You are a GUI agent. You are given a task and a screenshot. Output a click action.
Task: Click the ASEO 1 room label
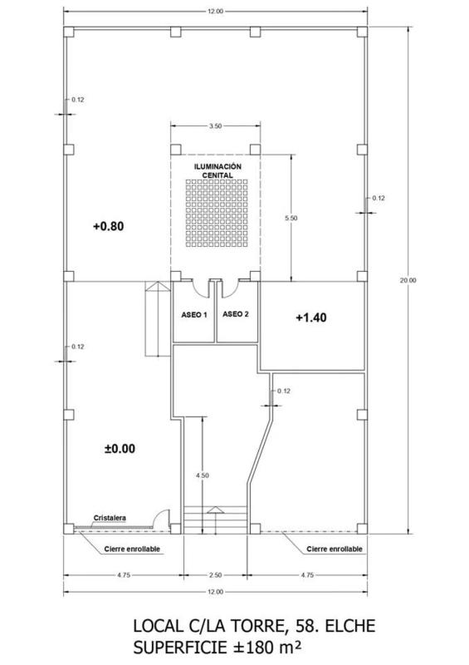click(194, 315)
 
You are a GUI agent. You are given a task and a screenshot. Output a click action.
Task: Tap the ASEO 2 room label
click(235, 314)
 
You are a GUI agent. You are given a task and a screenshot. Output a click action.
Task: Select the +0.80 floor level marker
click(109, 226)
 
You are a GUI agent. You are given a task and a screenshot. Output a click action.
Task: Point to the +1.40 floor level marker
click(311, 318)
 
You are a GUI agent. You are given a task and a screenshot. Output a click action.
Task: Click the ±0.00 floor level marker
click(120, 448)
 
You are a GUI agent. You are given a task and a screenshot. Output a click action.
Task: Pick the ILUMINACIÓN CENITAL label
click(217, 171)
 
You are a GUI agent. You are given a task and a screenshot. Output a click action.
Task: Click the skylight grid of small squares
click(217, 214)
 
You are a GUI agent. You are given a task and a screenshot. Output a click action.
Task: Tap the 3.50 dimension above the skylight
click(215, 126)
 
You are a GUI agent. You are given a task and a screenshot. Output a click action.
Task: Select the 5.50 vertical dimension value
click(291, 218)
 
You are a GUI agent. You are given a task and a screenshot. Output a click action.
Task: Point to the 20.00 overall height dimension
click(408, 280)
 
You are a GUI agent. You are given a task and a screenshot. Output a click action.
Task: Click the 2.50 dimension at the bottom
click(215, 575)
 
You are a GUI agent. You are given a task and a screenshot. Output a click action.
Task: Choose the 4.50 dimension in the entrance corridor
click(202, 475)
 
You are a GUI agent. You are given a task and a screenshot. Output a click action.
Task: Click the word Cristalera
click(110, 518)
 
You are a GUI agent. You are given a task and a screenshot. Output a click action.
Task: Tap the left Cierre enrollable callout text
click(132, 549)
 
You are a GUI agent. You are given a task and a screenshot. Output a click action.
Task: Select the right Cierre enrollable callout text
click(335, 549)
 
